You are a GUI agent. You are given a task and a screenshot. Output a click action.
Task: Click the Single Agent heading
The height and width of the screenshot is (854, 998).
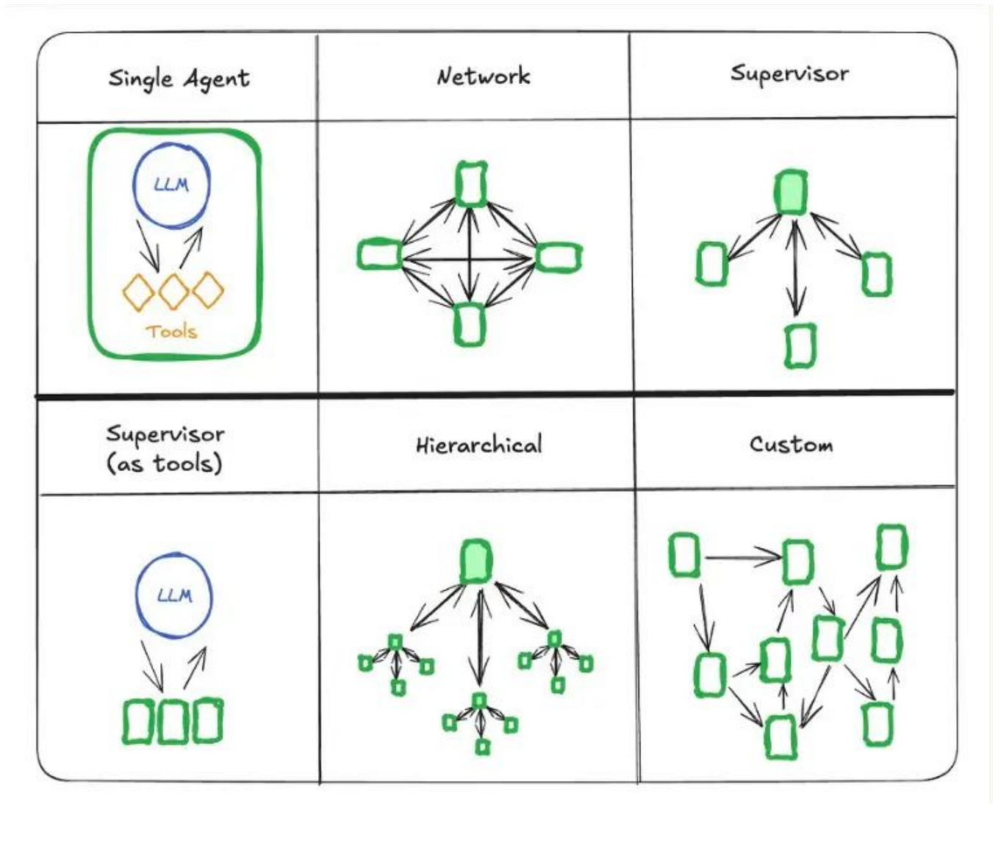pos(179,79)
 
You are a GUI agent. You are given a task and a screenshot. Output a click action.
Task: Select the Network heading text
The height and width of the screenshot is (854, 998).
pos(483,76)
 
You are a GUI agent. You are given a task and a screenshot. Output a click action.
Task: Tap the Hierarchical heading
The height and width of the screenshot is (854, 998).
pos(478,445)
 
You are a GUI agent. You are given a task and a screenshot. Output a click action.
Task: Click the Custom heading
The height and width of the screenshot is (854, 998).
pos(791,445)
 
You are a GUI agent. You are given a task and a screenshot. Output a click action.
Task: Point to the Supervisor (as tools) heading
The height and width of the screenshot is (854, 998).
pos(165,448)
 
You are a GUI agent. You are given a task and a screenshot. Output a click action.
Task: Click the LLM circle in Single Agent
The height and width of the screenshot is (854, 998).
pos(171,184)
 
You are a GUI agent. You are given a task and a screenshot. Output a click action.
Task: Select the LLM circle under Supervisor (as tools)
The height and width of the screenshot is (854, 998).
pos(174,595)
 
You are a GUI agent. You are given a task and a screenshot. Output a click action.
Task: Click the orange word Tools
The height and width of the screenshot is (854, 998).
pos(171,331)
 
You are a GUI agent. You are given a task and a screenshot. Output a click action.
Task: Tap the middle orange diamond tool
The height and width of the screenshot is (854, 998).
pos(173,292)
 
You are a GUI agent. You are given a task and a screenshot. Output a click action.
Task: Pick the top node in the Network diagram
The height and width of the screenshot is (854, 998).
pos(470,184)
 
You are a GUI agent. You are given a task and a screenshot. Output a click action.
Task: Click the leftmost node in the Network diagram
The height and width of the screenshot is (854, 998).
pos(379,254)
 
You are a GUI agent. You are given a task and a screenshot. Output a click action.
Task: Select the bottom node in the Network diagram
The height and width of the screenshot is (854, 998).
pos(469,324)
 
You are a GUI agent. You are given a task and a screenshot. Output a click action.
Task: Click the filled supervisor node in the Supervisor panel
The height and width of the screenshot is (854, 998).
pos(791,193)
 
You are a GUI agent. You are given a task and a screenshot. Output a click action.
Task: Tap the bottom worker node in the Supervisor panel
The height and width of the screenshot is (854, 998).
pos(800,345)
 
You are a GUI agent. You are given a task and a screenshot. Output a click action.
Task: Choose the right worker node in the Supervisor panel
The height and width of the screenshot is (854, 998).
pos(876,274)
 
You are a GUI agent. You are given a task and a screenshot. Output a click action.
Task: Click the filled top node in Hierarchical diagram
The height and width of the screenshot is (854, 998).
pos(476,562)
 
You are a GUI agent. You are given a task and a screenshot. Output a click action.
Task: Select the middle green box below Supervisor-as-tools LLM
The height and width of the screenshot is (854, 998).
pos(172,722)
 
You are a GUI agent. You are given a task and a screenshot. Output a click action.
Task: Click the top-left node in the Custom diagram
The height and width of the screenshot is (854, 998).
pos(684,555)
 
